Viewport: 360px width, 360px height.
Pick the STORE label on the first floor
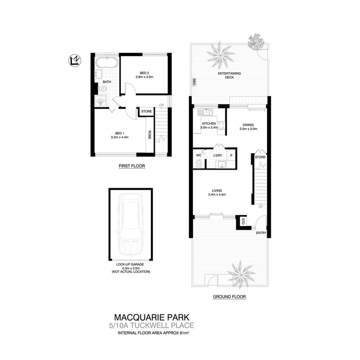(146, 111)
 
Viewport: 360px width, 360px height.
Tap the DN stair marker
(162, 105)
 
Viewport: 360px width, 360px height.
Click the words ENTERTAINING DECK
(230, 75)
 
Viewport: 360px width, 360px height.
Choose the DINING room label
(248, 125)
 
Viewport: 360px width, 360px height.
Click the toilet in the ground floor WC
(199, 164)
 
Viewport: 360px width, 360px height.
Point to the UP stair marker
(261, 207)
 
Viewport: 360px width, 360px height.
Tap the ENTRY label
(261, 233)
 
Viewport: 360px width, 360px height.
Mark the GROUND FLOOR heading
(229, 296)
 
